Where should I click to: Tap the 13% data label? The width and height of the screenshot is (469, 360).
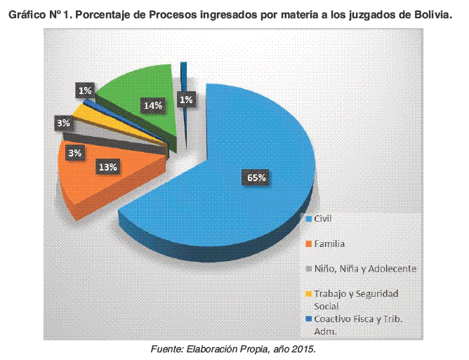tap(108, 167)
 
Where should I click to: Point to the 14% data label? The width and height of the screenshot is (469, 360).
tap(153, 106)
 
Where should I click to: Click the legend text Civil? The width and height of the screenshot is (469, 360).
tap(322, 219)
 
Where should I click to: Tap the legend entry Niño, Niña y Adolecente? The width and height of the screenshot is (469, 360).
tap(365, 269)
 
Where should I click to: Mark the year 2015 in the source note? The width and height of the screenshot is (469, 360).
tap(305, 349)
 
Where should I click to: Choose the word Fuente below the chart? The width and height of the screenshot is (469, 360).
tap(169, 349)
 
